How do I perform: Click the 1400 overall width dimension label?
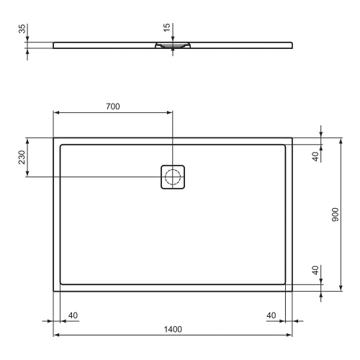pyautogui.click(x=173, y=329)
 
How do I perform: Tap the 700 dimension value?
pyautogui.click(x=112, y=107)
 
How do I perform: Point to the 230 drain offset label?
pyautogui.click(x=22, y=157)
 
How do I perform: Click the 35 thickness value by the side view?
pyautogui.click(x=22, y=29)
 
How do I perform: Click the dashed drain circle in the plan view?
pyautogui.click(x=173, y=177)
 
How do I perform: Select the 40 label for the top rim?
pyautogui.click(x=315, y=157)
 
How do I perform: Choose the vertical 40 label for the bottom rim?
pyautogui.click(x=315, y=271)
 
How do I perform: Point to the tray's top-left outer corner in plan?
pyautogui.click(x=54, y=138)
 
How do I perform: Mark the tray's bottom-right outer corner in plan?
pyautogui.click(x=292, y=291)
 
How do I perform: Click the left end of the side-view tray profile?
pyautogui.click(x=54, y=45)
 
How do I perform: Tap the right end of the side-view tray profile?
pyautogui.click(x=292, y=45)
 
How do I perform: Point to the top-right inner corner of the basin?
pyautogui.click(x=285, y=145)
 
